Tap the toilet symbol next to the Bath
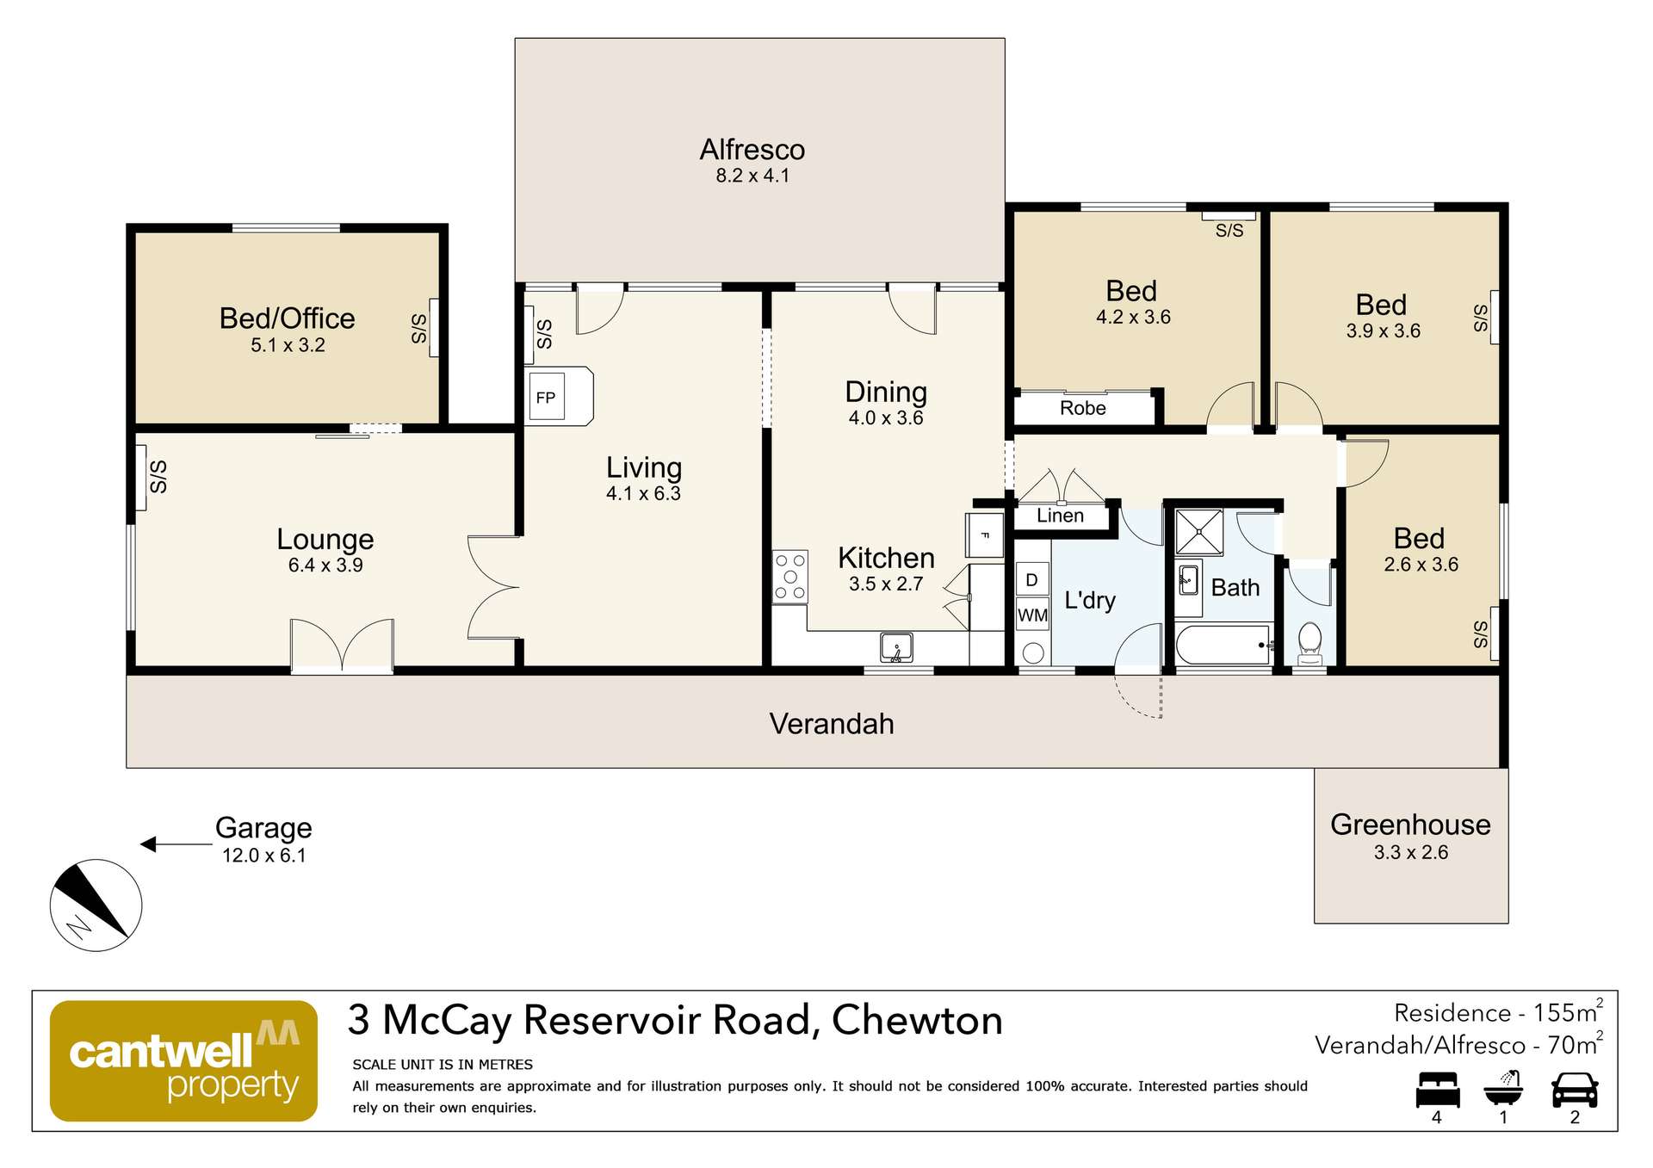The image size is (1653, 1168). point(1309,642)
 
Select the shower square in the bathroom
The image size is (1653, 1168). point(1198,531)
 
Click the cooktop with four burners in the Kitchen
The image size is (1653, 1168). point(790,577)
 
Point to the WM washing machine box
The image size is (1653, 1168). point(1032,615)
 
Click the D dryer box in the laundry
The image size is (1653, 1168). point(1032,580)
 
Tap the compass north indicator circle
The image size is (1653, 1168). point(96,905)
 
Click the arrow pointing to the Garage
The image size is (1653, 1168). point(176,844)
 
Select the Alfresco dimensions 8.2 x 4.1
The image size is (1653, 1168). point(752,176)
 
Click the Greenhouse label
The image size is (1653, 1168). point(1409,825)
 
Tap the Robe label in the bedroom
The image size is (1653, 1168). point(1082,408)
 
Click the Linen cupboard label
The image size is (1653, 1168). point(1060,516)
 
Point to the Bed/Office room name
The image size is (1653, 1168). point(287,318)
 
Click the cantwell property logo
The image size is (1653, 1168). point(183,1060)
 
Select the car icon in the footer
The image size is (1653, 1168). point(1574,1090)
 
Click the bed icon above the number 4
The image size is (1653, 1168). point(1437,1090)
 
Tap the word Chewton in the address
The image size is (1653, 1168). point(917,1021)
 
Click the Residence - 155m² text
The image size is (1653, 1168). point(1497,1012)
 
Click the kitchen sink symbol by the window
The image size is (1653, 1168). point(896,647)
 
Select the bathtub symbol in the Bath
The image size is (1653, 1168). point(1223,646)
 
